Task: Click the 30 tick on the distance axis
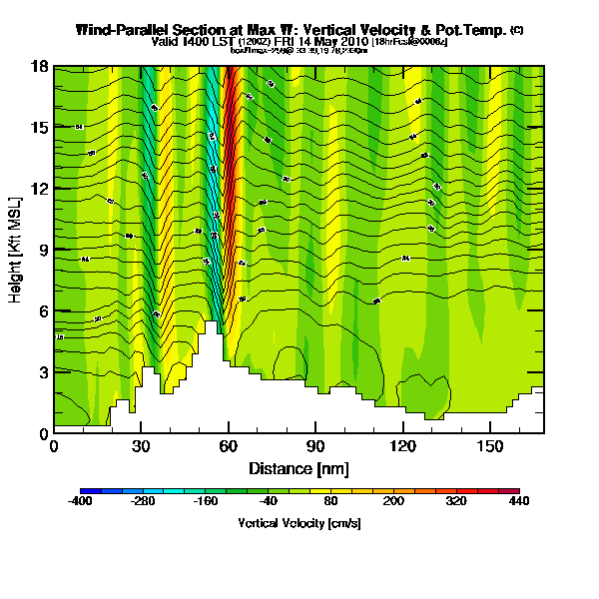click(x=141, y=445)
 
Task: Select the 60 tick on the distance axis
click(x=229, y=445)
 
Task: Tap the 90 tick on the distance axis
click(x=316, y=445)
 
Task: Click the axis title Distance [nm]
click(x=299, y=468)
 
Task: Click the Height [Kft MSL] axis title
click(x=17, y=250)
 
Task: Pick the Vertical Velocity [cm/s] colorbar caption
click(x=299, y=524)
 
